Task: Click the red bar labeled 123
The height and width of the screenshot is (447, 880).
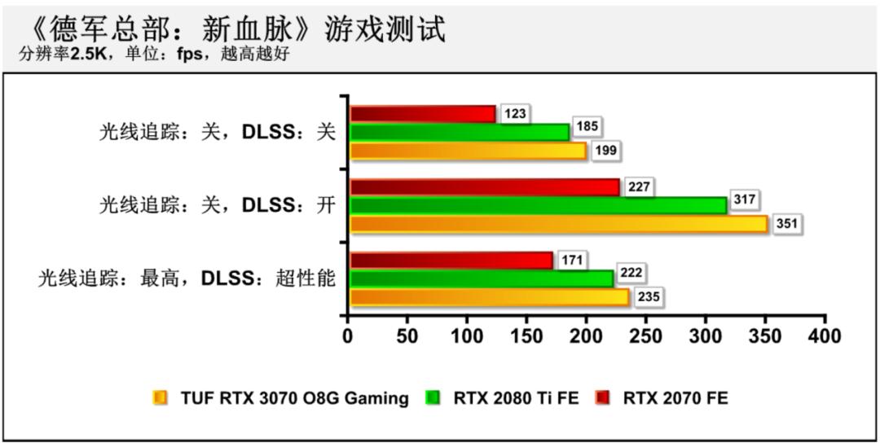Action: pyautogui.click(x=422, y=114)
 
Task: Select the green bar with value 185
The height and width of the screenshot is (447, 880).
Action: pyautogui.click(x=460, y=132)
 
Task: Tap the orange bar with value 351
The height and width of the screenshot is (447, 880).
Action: pyautogui.click(x=559, y=224)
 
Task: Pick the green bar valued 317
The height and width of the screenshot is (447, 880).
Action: pyautogui.click(x=539, y=205)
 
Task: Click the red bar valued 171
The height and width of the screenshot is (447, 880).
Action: pyautogui.click(x=451, y=261)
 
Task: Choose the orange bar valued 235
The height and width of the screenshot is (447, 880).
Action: pyautogui.click(x=489, y=297)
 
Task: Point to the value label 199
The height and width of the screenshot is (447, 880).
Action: pyautogui.click(x=605, y=151)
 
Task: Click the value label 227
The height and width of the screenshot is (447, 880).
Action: pyautogui.click(x=639, y=187)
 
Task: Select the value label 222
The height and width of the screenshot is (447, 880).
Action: pyautogui.click(x=632, y=278)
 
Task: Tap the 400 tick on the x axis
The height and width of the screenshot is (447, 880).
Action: pyautogui.click(x=825, y=335)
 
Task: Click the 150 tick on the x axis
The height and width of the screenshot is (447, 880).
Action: pyautogui.click(x=527, y=335)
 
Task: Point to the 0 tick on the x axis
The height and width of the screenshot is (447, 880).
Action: pyautogui.click(x=349, y=335)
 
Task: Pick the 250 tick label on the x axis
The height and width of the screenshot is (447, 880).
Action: pyautogui.click(x=646, y=335)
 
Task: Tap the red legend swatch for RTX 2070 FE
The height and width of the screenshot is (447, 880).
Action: pyautogui.click(x=602, y=398)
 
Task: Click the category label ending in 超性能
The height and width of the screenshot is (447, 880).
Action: pyautogui.click(x=187, y=278)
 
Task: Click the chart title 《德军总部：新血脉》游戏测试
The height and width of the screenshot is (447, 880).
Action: pyautogui.click(x=236, y=30)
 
